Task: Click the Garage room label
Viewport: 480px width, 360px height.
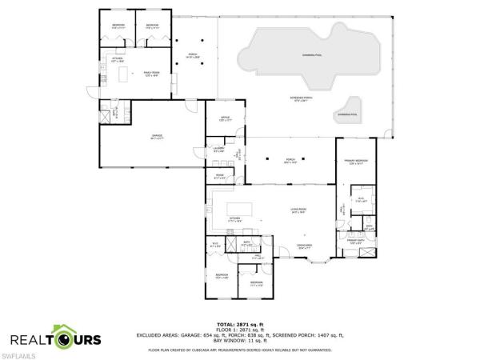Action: pyautogui.click(x=158, y=137)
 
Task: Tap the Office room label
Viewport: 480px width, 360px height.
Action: pyautogui.click(x=225, y=118)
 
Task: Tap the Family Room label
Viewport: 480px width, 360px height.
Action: pyautogui.click(x=152, y=73)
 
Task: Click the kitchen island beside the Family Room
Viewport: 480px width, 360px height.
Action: pyautogui.click(x=124, y=74)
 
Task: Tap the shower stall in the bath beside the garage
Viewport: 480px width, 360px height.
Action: pyautogui.click(x=106, y=115)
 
